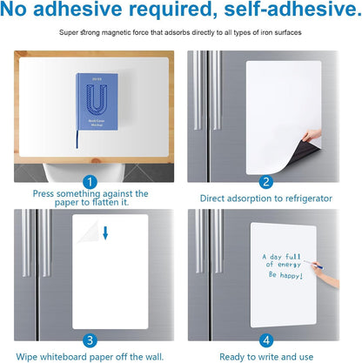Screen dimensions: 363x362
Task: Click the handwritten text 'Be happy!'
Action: click(285, 274)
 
